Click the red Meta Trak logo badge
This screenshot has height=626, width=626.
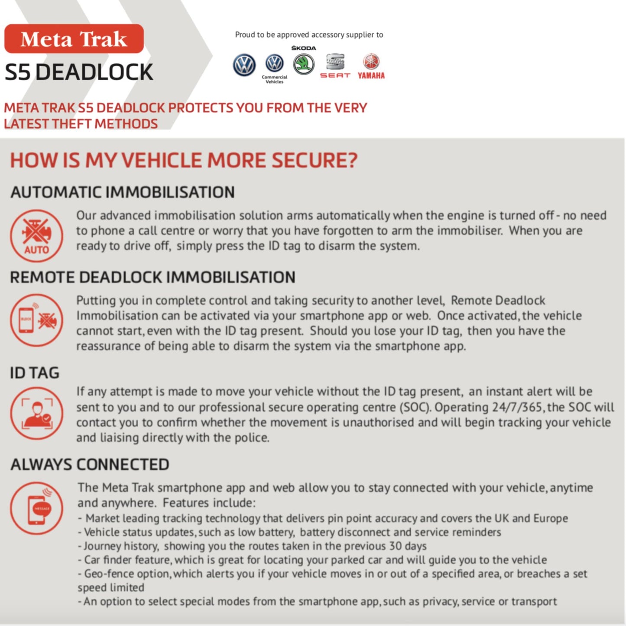pos(74,39)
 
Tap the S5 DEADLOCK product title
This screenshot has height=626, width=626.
pos(79,72)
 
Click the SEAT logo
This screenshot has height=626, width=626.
pos(335,65)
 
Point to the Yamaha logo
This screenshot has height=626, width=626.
pos(371,66)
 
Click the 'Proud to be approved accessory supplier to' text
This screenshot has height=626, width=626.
pos(309,35)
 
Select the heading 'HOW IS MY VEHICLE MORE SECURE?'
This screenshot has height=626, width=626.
pos(184,160)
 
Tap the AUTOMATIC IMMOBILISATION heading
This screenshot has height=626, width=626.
pos(123,192)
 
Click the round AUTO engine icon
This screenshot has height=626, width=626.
pos(37,236)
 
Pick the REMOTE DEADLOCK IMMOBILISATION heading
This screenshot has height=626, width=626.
pos(152,277)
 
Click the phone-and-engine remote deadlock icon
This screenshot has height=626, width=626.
pos(37,320)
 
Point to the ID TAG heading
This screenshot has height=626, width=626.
pos(35,373)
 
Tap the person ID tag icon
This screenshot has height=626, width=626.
pos(37,413)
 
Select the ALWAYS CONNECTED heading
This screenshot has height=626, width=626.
pos(90,464)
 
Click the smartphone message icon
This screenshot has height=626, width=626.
pos(37,508)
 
